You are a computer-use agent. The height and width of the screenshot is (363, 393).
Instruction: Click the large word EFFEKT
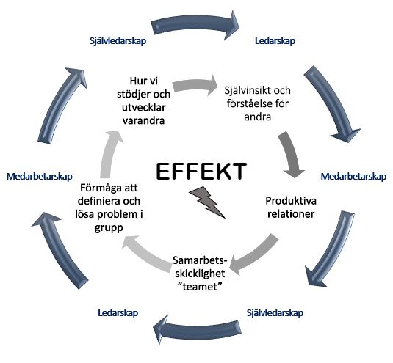coord(201,171)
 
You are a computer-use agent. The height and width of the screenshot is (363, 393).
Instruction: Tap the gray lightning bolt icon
coord(206,202)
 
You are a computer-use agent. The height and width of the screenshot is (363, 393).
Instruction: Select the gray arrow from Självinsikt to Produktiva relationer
coord(291,155)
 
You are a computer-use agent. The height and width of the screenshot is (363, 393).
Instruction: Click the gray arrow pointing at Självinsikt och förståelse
coord(195,86)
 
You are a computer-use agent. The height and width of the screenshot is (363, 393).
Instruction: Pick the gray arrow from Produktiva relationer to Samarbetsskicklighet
coord(254,256)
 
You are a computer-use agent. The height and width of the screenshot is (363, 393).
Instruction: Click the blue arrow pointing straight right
coord(195,25)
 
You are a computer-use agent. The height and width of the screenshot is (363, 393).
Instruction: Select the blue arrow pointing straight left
coord(198,329)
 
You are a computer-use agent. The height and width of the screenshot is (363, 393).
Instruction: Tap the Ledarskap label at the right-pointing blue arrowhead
coord(275,41)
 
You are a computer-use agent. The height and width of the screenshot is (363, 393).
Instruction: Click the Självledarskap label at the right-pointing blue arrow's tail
coord(118,41)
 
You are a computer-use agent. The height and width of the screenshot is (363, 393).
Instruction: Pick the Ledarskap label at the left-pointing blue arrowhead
coord(118,312)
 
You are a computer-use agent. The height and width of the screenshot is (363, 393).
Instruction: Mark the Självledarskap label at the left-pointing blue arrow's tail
coord(275,312)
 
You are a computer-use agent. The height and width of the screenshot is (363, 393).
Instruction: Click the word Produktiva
coord(291,201)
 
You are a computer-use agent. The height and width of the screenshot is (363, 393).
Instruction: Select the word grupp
coord(109,228)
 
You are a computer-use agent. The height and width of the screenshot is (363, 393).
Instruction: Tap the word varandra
coord(143,120)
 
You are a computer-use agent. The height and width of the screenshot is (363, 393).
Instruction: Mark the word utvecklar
coord(144,107)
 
